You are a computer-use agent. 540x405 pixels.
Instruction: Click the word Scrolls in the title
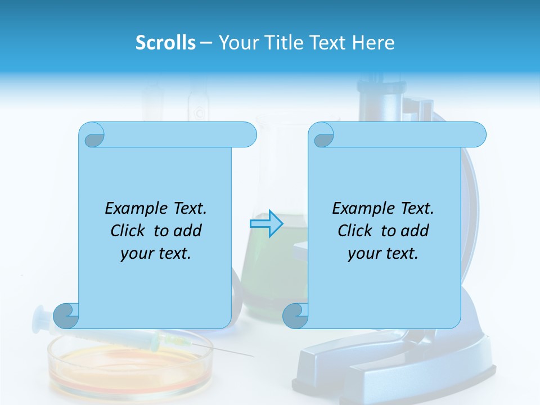click(x=165, y=43)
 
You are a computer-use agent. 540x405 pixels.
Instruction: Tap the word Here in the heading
click(x=373, y=43)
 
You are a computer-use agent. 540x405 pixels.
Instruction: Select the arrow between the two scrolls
click(x=266, y=224)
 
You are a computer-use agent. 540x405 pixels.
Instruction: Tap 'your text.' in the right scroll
click(x=383, y=254)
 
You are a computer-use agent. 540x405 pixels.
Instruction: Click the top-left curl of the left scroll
click(x=92, y=135)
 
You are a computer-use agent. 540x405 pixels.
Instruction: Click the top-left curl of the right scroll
click(x=322, y=135)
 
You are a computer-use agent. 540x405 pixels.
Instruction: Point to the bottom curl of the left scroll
click(x=66, y=316)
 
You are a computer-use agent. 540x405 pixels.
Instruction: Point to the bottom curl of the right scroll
click(x=295, y=316)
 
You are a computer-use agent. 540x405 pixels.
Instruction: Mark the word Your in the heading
click(x=236, y=43)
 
